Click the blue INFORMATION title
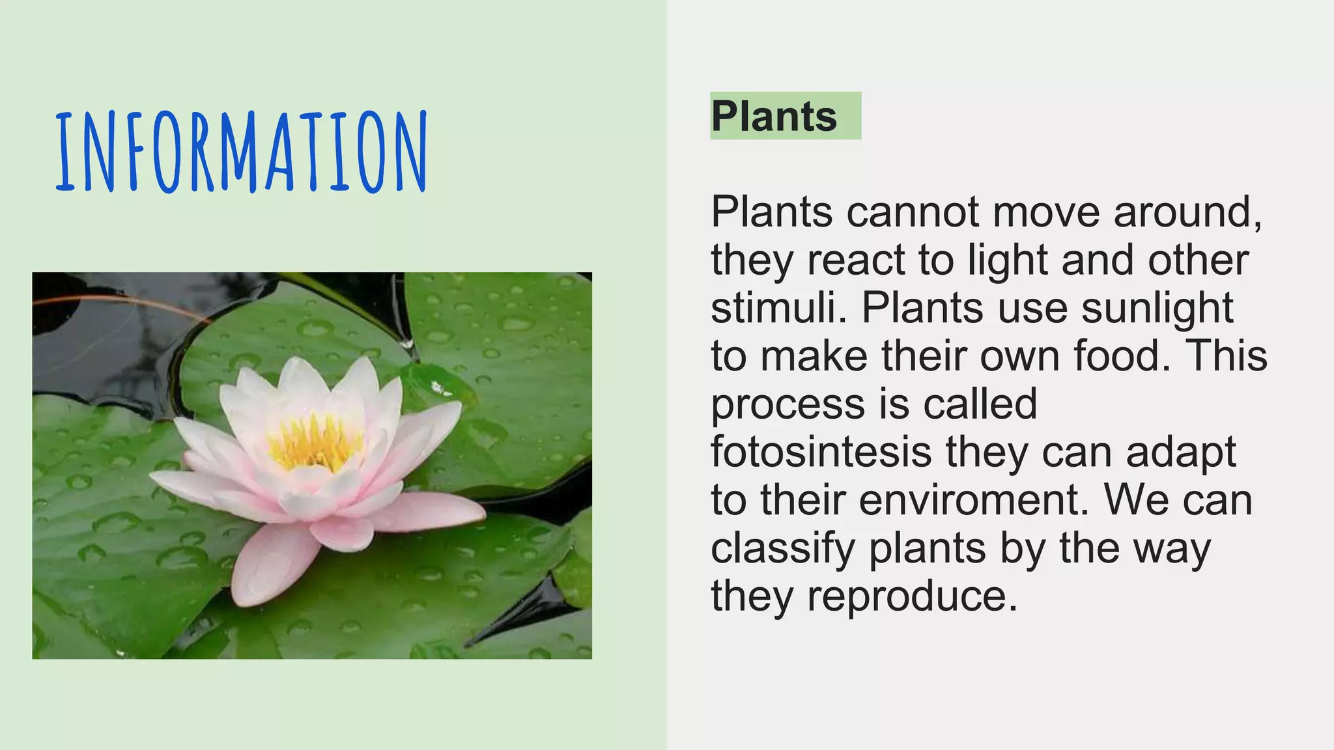(x=241, y=152)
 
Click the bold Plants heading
(x=774, y=117)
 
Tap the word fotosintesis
(x=821, y=451)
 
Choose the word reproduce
(x=912, y=596)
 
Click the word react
(x=856, y=260)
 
